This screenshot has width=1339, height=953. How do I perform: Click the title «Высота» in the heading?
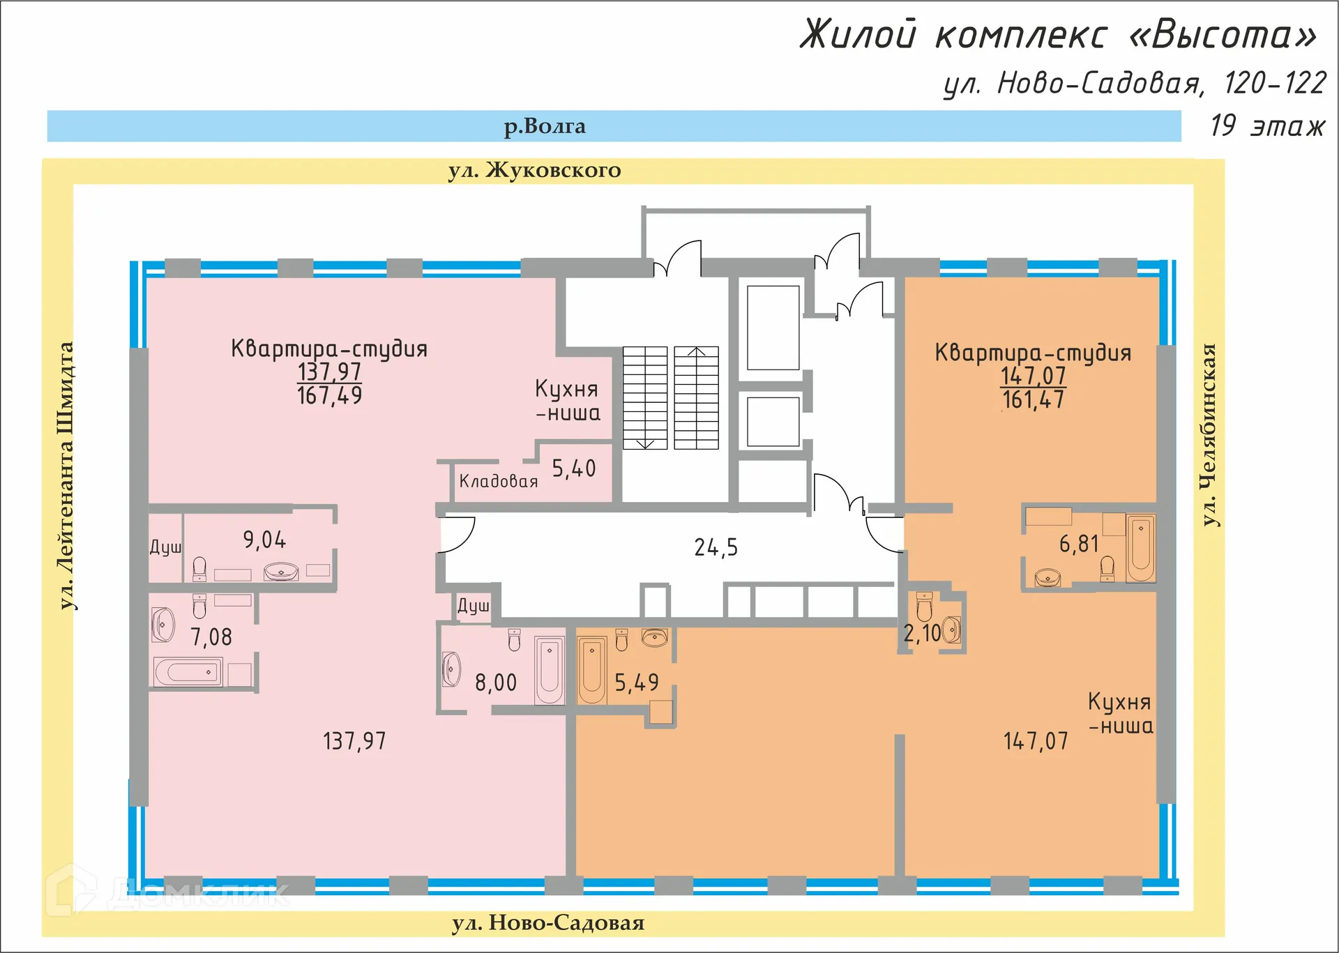pyautogui.click(x=1223, y=35)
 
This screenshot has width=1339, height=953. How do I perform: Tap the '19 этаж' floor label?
pyautogui.click(x=1266, y=126)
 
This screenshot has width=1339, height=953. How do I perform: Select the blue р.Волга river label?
pyautogui.click(x=545, y=126)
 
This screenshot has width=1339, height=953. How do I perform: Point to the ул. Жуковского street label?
pyautogui.click(x=534, y=170)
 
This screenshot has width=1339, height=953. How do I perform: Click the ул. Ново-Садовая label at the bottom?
pyautogui.click(x=548, y=923)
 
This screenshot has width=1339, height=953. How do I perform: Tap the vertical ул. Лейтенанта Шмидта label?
pyautogui.click(x=66, y=475)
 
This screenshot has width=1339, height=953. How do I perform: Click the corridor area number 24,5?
pyautogui.click(x=716, y=548)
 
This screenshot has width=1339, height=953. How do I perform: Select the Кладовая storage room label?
pyautogui.click(x=498, y=481)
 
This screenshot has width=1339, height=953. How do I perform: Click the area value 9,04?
pyautogui.click(x=264, y=540)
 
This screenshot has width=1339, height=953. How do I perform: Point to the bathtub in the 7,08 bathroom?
pyautogui.click(x=188, y=673)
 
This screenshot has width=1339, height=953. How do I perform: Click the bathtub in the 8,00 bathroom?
pyautogui.click(x=550, y=670)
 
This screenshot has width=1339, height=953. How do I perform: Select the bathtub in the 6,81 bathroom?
pyautogui.click(x=1141, y=548)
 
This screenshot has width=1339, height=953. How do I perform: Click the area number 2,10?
pyautogui.click(x=922, y=633)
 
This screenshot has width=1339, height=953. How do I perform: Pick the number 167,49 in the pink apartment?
pyautogui.click(x=329, y=396)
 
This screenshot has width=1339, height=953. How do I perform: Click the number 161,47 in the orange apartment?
pyautogui.click(x=1033, y=400)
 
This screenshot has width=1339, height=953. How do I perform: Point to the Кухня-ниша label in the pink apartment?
pyautogui.click(x=567, y=401)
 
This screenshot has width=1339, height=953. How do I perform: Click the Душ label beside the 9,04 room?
pyautogui.click(x=165, y=547)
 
